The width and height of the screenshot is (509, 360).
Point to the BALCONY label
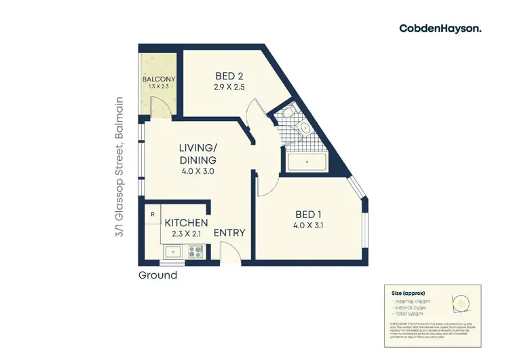click(159, 79)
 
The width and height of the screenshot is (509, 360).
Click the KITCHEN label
click(186, 223)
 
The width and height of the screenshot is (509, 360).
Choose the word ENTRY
click(229, 233)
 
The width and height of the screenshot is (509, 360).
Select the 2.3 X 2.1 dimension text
click(186, 234)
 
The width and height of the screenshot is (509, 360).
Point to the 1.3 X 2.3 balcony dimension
click(159, 88)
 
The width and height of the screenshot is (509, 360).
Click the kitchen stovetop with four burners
click(195, 252)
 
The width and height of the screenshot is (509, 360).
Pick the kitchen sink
click(174, 252)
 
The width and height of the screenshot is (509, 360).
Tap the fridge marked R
click(152, 215)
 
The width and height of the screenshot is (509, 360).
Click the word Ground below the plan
click(157, 275)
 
